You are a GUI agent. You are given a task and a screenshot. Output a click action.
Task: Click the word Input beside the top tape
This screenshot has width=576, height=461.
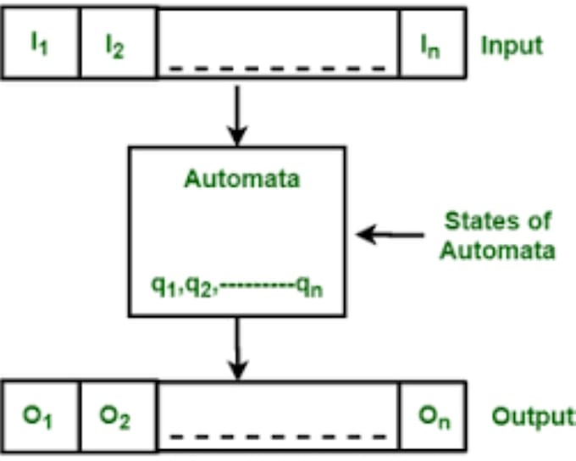[x=511, y=45]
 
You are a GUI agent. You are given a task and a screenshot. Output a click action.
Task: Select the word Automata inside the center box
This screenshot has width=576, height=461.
[x=236, y=181]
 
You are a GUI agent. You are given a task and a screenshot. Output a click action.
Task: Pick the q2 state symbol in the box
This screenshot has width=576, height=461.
[x=198, y=286]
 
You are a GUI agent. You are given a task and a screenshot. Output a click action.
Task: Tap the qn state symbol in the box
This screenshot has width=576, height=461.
[x=310, y=286]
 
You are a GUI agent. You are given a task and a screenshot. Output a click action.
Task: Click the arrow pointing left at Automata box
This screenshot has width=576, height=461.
[x=389, y=234]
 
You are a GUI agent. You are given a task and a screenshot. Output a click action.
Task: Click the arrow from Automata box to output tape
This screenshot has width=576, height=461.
[x=238, y=348]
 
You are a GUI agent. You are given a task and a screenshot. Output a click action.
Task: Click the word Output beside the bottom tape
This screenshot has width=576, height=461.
[x=531, y=417]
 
